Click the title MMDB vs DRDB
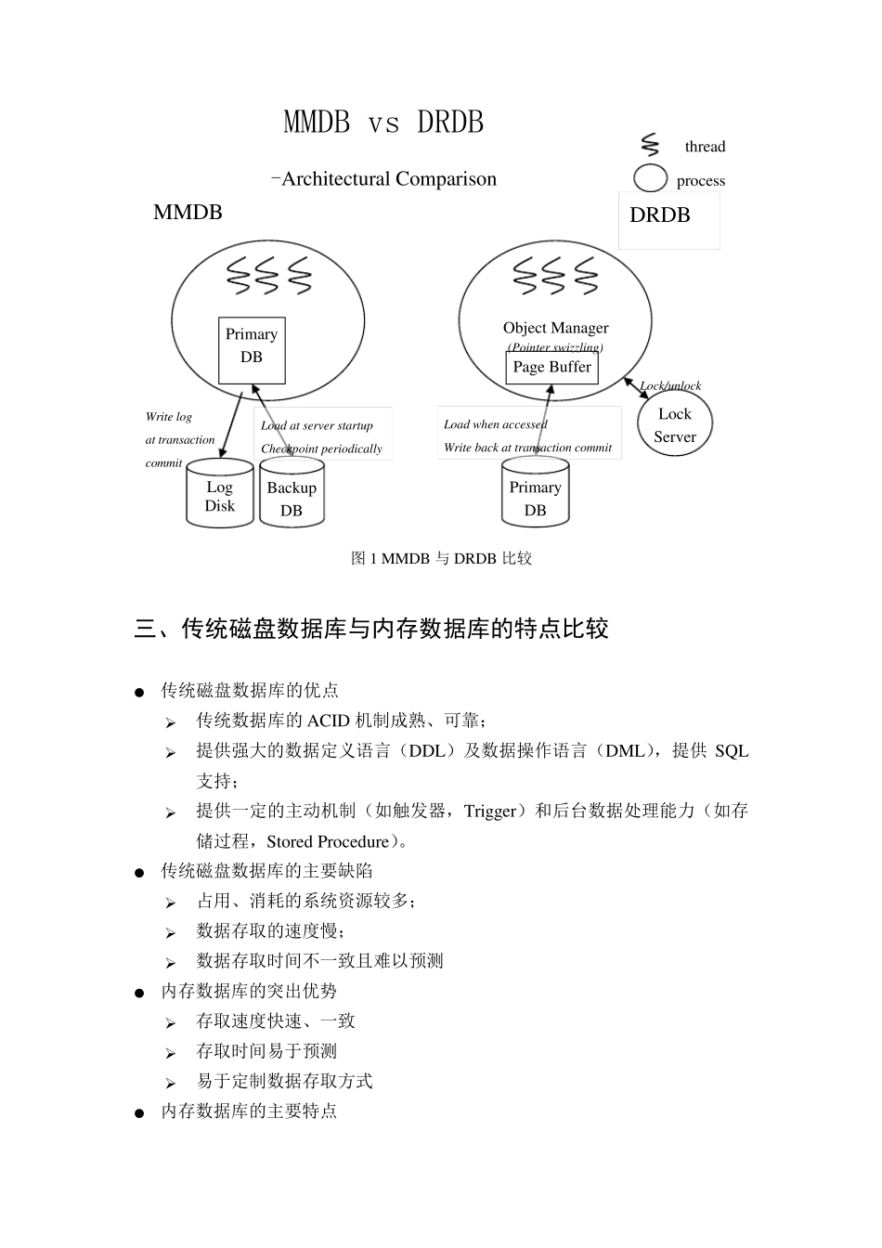coord(383,123)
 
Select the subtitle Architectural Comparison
coord(388,179)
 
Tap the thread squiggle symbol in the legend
coord(650,146)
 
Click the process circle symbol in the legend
coord(650,177)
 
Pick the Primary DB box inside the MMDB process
coord(252,350)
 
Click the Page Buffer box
coord(551,368)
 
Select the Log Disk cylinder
coord(220,496)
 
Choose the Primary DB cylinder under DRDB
coord(536,498)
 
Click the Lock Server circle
coord(675,425)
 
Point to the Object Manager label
coord(555,328)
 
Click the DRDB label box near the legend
coord(668,219)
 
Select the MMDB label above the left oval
coord(188,213)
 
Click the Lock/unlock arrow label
coord(670,386)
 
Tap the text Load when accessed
coord(496,424)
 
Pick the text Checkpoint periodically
coord(321,448)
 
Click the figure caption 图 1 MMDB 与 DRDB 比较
coord(441,558)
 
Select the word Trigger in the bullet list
coord(490,811)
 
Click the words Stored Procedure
coord(328,841)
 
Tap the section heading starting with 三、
coord(371,629)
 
